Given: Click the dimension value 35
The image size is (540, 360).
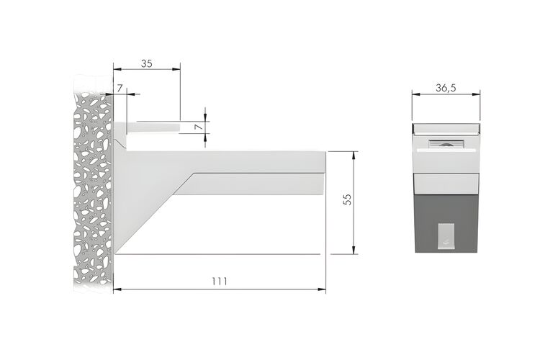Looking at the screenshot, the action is (146, 63).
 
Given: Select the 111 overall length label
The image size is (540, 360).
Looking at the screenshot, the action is (220, 282).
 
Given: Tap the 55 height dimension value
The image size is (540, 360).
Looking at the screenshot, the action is (348, 199).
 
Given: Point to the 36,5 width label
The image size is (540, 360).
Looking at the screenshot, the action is (446, 88).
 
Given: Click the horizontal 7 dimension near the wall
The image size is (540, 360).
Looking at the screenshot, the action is (120, 88).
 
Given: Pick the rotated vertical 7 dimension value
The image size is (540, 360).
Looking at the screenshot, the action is (199, 127).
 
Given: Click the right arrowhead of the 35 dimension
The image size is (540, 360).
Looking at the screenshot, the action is (176, 69).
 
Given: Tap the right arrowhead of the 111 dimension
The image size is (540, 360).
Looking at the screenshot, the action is (322, 289).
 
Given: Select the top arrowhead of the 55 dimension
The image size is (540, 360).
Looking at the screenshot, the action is (354, 156).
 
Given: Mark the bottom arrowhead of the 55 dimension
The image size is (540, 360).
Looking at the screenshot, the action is (354, 250).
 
